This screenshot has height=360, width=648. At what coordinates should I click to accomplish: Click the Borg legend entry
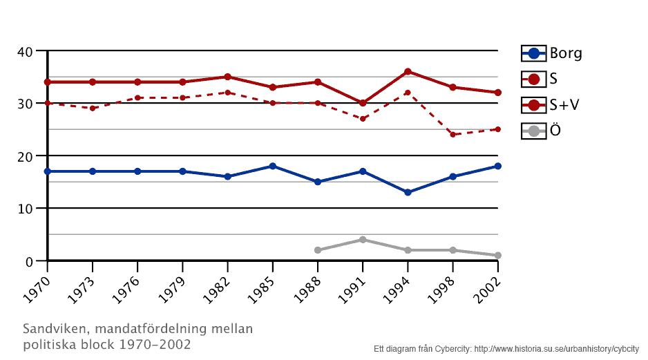coord(551,53)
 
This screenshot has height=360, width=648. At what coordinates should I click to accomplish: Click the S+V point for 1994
coord(408,72)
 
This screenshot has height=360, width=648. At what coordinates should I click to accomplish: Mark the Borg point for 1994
coord(408,192)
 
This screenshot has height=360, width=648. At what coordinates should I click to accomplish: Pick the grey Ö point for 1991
coord(363,240)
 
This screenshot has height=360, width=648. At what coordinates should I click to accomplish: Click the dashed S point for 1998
coord(452,135)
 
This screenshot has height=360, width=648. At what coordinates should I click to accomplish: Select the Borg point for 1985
coord(273,166)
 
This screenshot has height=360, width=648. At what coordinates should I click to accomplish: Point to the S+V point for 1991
coord(363,103)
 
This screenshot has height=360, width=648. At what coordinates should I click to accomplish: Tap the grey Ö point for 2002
coord(497,256)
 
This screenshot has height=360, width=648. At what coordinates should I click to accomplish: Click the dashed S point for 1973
coord(93,108)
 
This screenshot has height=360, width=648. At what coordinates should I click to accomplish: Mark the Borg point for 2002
coord(497,166)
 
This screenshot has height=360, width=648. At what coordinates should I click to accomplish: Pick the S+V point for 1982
coord(227,77)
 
